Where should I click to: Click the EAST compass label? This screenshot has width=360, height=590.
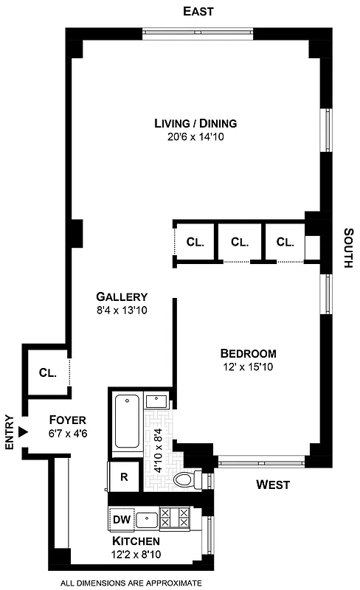pyautogui.click(x=198, y=11)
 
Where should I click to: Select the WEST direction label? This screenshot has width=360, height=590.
pyautogui.click(x=272, y=485)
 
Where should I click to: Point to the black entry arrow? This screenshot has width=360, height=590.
pyautogui.click(x=24, y=432)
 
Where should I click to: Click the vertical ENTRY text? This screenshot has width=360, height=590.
pyautogui.click(x=10, y=432)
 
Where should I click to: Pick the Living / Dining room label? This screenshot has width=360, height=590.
pyautogui.click(x=195, y=123)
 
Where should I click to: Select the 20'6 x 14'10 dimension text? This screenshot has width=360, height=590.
pyautogui.click(x=195, y=136)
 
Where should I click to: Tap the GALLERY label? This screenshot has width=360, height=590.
pyautogui.click(x=122, y=297)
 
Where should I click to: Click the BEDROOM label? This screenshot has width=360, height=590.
pyautogui.click(x=249, y=353)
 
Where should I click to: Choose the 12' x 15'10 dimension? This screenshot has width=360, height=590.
pyautogui.click(x=249, y=367)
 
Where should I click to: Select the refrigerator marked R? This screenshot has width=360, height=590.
pyautogui.click(x=124, y=476)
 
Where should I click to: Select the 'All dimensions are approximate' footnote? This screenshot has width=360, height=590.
pyautogui.click(x=131, y=583)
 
